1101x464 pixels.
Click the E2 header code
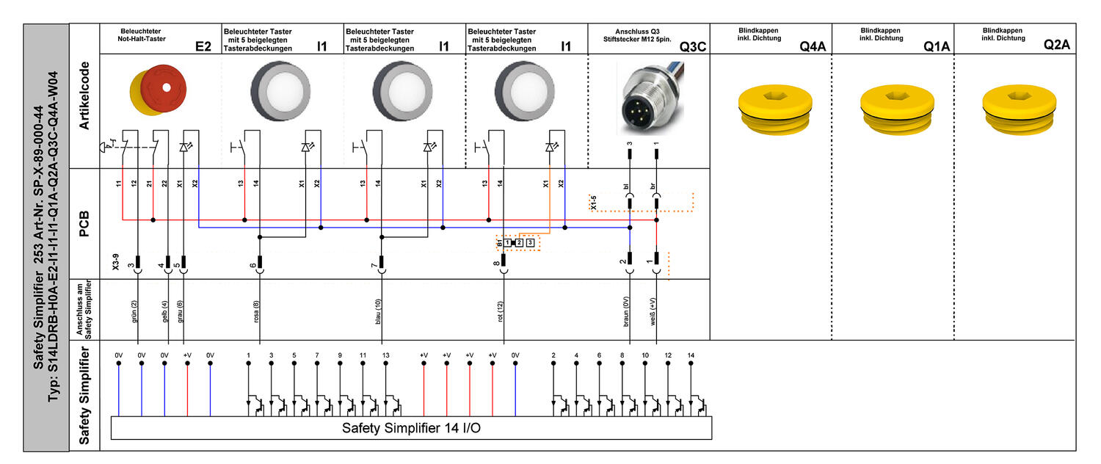tap(203, 46)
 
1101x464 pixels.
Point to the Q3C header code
tap(692, 46)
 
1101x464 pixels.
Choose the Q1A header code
tap(937, 46)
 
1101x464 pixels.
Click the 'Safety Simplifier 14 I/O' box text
tap(412, 428)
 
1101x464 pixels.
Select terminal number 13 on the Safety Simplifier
tap(386, 355)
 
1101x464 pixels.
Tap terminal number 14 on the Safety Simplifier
tap(691, 355)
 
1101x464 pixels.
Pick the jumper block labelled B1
tap(517, 242)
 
